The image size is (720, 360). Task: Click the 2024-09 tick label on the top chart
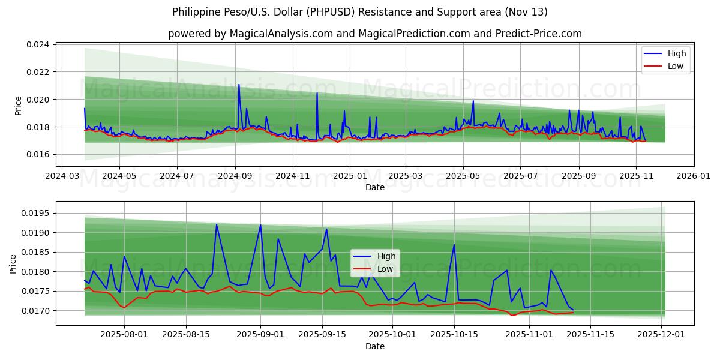pos(235,177)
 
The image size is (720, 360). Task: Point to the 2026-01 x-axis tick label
pos(693,177)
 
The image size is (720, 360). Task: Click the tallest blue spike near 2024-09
pos(239,85)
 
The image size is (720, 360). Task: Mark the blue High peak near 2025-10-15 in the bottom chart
pos(454,245)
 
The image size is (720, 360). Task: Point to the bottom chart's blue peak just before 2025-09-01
pos(260,225)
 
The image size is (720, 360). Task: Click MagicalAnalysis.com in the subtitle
pos(281,34)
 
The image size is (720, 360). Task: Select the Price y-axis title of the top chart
pos(18,104)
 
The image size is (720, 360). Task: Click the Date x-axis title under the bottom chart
pos(374,347)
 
